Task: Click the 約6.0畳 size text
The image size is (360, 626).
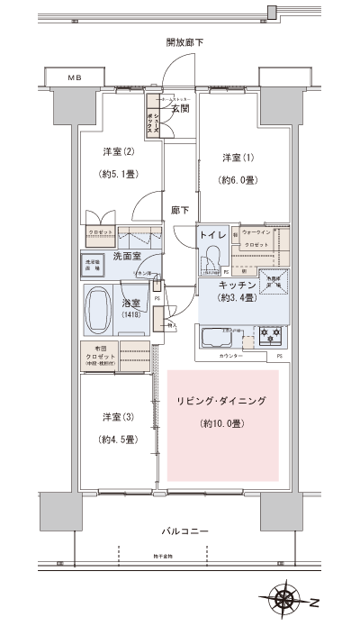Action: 238,179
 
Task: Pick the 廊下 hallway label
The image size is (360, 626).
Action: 180,210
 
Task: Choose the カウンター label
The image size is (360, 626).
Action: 231,358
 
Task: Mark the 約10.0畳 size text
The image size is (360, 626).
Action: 221,422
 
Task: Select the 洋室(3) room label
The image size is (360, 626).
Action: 116,416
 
